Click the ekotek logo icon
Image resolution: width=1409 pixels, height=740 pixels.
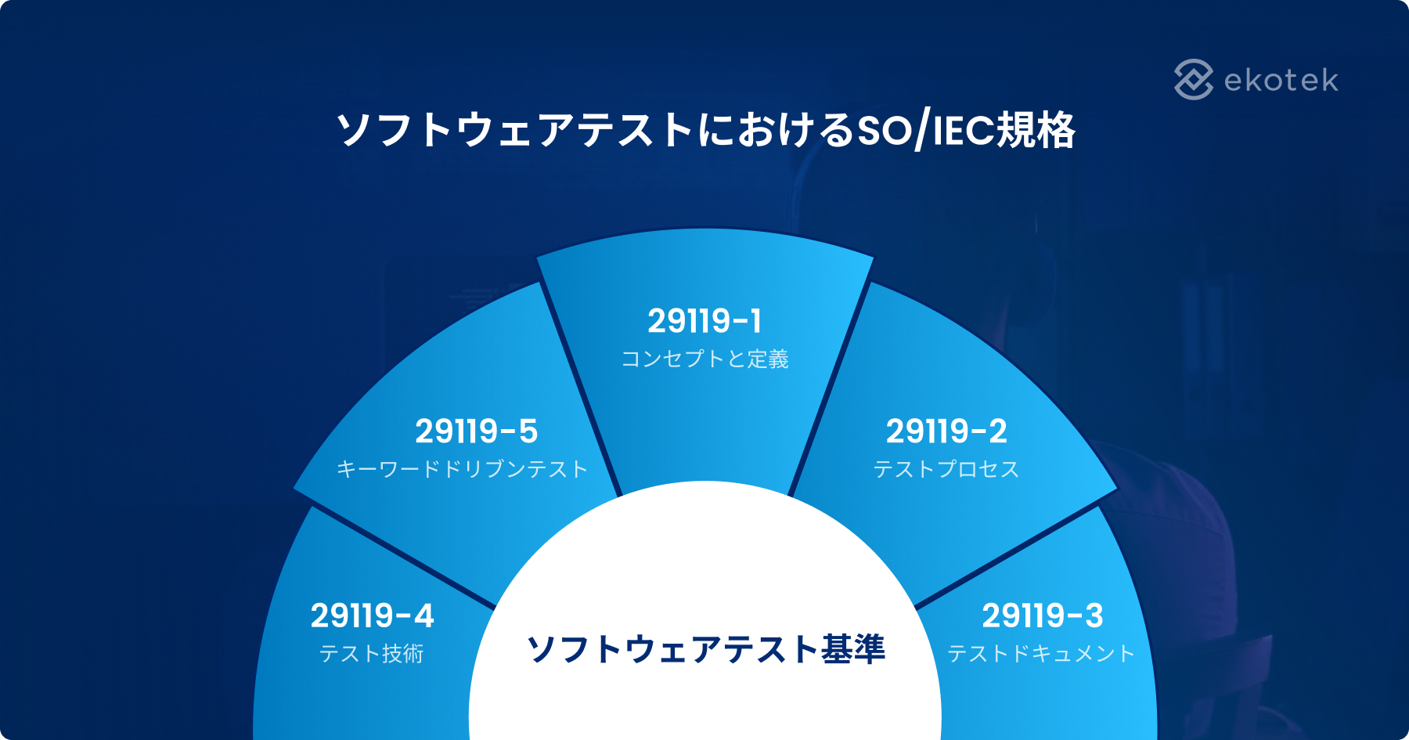pyautogui.click(x=1194, y=79)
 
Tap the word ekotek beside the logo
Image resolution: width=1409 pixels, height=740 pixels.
pyautogui.click(x=1281, y=80)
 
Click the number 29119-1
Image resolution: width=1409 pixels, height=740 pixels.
pyautogui.click(x=704, y=321)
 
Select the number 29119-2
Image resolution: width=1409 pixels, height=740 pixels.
pyautogui.click(x=946, y=431)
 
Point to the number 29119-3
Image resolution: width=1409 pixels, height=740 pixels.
pyautogui.click(x=1043, y=616)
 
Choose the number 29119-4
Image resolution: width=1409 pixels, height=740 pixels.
pyautogui.click(x=372, y=616)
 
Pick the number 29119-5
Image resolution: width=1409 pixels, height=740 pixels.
pyautogui.click(x=476, y=431)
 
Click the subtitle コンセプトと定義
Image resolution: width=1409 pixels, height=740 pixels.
pyautogui.click(x=704, y=359)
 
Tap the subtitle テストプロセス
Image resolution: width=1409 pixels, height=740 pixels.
pyautogui.click(x=946, y=469)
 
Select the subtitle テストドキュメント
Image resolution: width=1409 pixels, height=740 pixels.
pyautogui.click(x=1041, y=654)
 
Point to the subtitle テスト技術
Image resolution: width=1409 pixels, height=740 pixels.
pyautogui.click(x=372, y=654)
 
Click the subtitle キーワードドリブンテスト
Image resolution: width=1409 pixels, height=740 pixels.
pyautogui.click(x=462, y=469)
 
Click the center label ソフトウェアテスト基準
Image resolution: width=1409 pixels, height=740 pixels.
pyautogui.click(x=705, y=649)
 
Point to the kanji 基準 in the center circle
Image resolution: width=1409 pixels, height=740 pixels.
pyautogui.click(x=853, y=649)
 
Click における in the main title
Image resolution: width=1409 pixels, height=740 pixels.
pyautogui.click(x=775, y=130)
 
